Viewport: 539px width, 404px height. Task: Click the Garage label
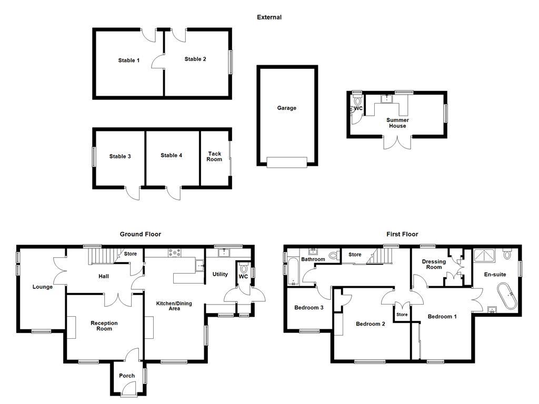tap(287, 108)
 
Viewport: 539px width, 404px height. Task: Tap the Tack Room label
tap(214, 156)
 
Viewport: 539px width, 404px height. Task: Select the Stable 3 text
tap(120, 156)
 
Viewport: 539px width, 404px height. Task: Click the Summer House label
tap(397, 123)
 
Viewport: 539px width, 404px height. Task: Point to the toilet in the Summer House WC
tap(357, 100)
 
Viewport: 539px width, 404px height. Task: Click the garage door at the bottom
tap(287, 163)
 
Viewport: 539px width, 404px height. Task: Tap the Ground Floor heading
tap(141, 234)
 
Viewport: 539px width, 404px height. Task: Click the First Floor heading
tap(403, 234)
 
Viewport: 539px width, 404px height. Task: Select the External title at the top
tap(269, 17)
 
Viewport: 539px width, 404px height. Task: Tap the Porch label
tap(127, 376)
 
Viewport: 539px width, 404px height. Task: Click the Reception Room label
tap(104, 326)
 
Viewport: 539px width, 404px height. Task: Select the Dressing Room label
tap(434, 264)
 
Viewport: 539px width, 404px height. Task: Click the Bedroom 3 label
tap(309, 308)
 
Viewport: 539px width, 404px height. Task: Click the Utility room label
tap(220, 274)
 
